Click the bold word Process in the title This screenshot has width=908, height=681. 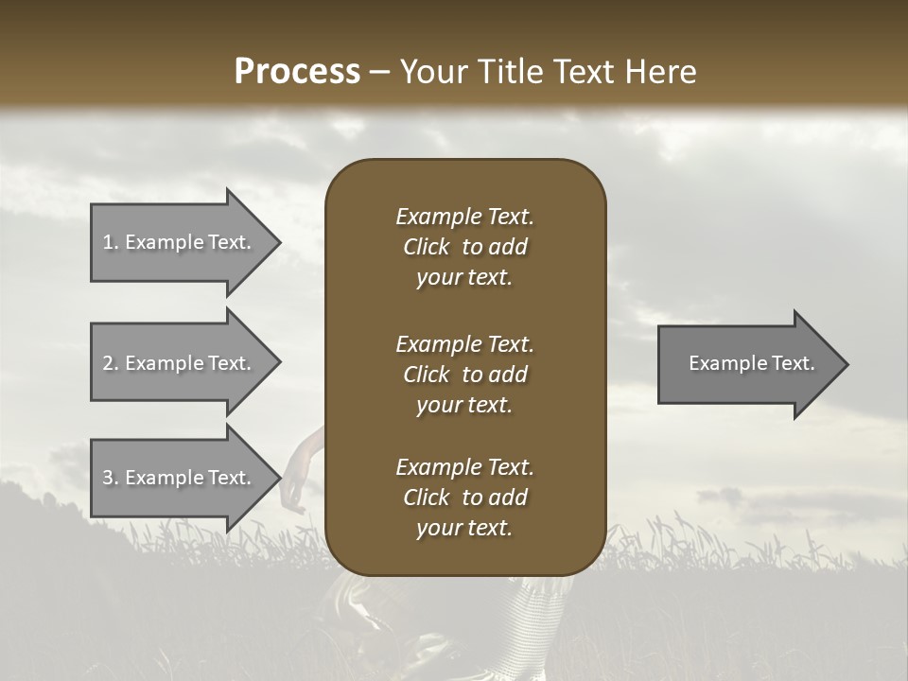(x=297, y=72)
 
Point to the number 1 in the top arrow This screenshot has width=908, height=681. (x=109, y=242)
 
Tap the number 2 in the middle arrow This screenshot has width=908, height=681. (x=109, y=363)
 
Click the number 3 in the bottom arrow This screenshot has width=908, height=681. (x=109, y=478)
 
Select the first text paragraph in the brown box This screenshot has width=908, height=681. (x=464, y=247)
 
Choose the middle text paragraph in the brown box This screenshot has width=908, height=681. (x=464, y=375)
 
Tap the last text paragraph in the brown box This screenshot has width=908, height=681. (x=464, y=498)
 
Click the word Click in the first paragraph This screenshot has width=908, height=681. (x=426, y=247)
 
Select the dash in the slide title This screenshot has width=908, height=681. (x=379, y=72)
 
